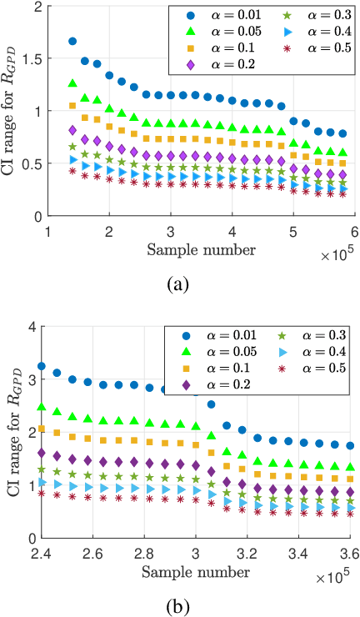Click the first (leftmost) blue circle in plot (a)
point(72,41)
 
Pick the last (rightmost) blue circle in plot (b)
point(350,446)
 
